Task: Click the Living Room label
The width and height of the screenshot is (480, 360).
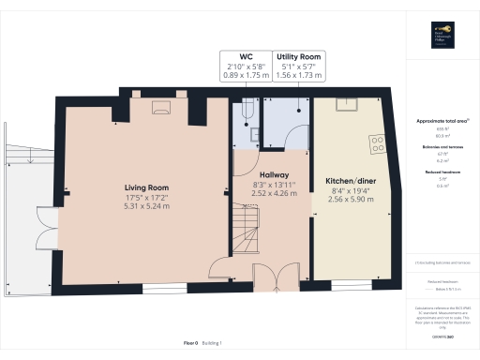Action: pos(145,186)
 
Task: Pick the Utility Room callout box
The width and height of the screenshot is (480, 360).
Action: pos(298,68)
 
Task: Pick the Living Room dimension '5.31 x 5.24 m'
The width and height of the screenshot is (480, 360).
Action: pos(145,206)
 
